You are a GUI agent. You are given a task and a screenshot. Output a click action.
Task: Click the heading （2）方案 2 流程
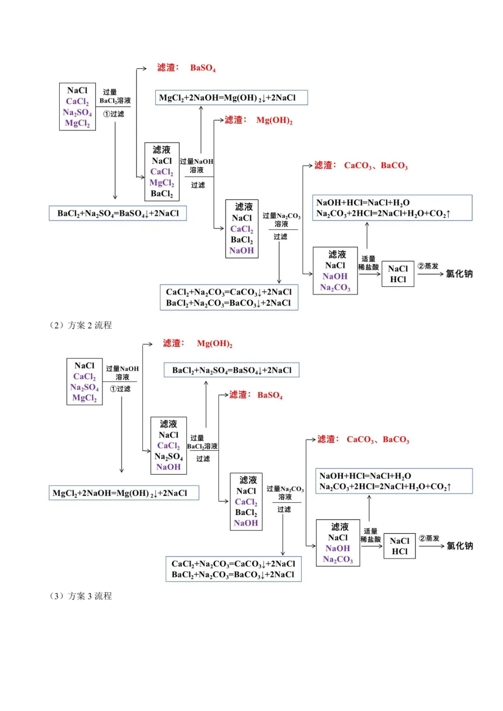[x=81, y=325]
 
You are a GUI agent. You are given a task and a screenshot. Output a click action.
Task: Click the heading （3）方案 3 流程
[x=81, y=596]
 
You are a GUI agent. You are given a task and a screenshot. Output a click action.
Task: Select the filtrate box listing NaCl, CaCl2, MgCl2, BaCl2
[x=162, y=172]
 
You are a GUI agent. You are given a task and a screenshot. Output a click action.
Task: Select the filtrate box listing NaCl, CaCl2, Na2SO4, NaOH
[x=169, y=446]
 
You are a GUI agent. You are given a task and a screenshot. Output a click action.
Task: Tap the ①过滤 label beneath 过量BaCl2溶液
[x=114, y=114]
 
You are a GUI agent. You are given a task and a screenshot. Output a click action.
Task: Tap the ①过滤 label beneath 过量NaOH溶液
[x=120, y=389]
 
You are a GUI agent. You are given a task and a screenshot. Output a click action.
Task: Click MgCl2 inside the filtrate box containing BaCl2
[x=162, y=183]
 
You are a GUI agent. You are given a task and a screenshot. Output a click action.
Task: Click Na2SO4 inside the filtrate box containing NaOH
[x=169, y=456]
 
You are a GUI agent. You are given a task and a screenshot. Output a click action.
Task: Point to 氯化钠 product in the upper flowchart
[x=459, y=274]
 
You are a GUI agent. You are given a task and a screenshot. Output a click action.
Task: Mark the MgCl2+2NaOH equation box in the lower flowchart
[x=124, y=493]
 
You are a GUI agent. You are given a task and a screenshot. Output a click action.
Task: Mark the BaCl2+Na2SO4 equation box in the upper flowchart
[x=118, y=213]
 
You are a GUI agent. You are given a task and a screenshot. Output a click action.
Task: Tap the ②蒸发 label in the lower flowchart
[x=429, y=538]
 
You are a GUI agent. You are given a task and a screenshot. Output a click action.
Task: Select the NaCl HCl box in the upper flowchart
[x=398, y=274]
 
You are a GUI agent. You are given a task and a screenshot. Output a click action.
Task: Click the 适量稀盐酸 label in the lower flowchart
[x=371, y=535]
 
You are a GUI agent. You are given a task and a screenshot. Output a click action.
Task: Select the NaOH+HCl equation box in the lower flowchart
[x=394, y=481]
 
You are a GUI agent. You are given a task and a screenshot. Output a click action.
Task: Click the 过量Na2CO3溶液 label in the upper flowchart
[x=281, y=220]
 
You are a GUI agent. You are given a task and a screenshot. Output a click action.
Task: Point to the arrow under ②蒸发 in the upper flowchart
[x=430, y=274]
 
